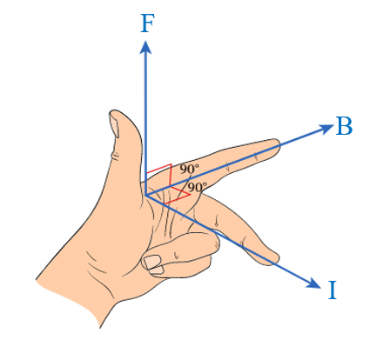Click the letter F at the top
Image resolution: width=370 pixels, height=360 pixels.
[x=147, y=23]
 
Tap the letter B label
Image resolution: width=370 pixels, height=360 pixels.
[x=344, y=126]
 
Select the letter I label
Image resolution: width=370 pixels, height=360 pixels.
[x=333, y=290]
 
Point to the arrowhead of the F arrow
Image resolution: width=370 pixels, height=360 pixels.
[x=145, y=47]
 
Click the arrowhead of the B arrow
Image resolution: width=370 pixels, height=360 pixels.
[x=326, y=128]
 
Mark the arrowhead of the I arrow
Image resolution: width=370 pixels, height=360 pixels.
[x=314, y=283]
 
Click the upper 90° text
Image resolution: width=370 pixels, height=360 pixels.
[x=190, y=169]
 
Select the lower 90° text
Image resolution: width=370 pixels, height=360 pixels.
[x=198, y=188]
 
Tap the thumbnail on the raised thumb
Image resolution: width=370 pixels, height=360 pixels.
[x=114, y=124]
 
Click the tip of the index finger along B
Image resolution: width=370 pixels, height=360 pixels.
[x=276, y=144]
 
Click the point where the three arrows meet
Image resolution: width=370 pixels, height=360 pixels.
[x=145, y=196]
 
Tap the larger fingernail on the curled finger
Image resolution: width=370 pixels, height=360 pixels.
[x=152, y=262]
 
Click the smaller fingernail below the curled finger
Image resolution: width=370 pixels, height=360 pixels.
[x=157, y=270]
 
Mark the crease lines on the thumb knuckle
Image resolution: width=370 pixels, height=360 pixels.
[x=116, y=156]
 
